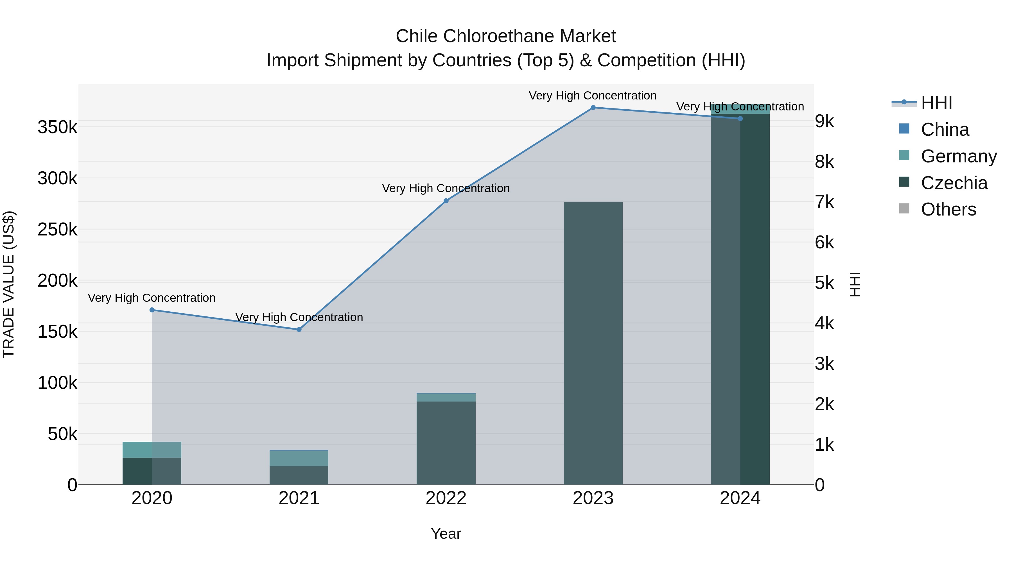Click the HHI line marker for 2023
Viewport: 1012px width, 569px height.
593,108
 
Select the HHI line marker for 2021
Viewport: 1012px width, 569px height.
299,330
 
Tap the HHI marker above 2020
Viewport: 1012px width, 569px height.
152,310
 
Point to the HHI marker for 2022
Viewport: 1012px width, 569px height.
446,201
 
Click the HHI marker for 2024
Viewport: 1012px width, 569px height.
740,119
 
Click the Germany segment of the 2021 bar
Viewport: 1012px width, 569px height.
299,458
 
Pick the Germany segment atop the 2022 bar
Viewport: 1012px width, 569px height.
446,397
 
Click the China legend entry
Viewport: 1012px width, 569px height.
945,130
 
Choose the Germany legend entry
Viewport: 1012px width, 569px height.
959,156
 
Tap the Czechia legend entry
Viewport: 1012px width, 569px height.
954,183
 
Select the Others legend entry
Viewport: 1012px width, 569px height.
948,210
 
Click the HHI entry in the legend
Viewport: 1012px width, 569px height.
936,103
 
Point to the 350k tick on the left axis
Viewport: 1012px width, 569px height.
57,127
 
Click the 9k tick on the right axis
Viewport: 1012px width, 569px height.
824,121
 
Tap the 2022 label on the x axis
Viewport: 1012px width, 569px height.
446,498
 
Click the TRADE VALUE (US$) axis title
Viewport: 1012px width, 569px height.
9,284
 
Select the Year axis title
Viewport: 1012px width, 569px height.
446,534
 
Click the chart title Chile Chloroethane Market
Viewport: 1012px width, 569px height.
506,36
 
